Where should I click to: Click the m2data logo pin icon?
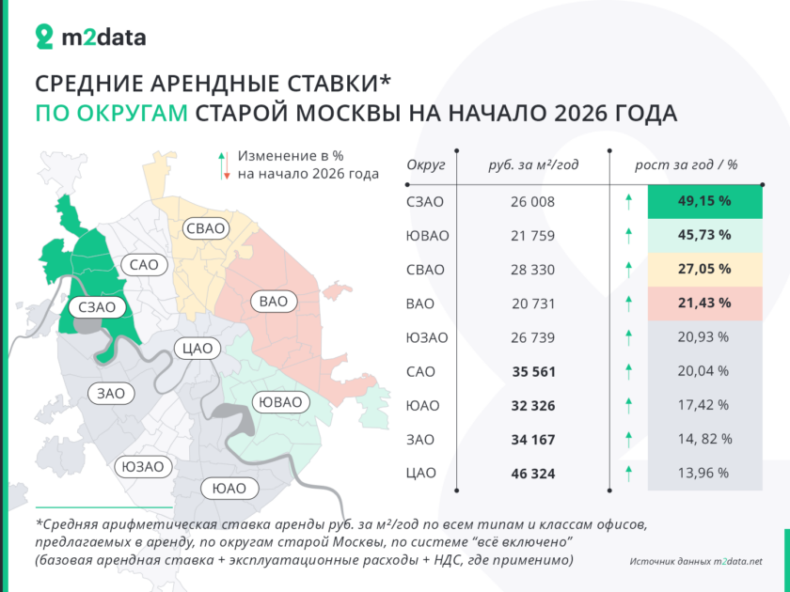tap(44, 37)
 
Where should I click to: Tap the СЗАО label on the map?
tap(97, 307)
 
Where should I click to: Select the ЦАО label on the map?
tap(197, 349)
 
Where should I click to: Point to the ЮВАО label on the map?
tap(280, 402)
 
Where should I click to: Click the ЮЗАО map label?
tap(143, 467)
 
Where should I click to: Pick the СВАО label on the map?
tap(206, 228)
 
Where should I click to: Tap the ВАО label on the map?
tap(274, 302)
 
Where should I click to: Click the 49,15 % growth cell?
tap(704, 201)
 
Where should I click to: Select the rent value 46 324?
tap(533, 474)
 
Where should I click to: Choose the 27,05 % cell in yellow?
tap(704, 269)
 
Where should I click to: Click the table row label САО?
tap(420, 371)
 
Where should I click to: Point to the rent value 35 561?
tap(533, 371)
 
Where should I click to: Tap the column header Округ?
tap(426, 164)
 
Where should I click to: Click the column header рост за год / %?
tap(686, 164)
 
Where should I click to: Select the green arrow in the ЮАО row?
tap(628, 405)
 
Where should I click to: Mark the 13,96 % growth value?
tap(703, 474)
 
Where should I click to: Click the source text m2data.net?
tap(737, 561)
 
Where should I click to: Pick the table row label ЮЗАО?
tap(427, 337)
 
